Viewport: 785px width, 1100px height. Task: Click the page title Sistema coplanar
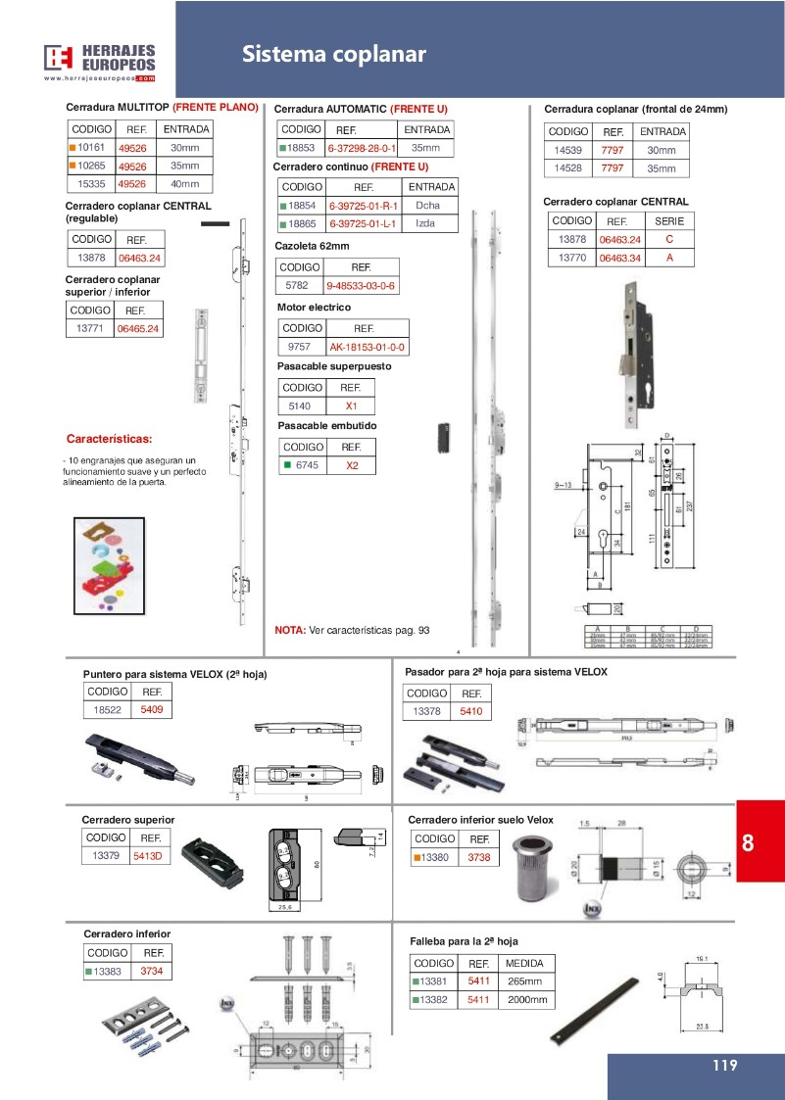tap(334, 55)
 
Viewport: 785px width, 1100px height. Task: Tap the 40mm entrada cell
tap(184, 183)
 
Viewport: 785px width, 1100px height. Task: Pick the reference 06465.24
tap(139, 329)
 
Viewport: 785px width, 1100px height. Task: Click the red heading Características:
tap(109, 438)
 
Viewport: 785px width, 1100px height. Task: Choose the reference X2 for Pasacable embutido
tap(352, 466)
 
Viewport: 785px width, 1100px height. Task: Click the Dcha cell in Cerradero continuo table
tap(427, 206)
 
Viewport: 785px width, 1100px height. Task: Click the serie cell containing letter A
tap(669, 258)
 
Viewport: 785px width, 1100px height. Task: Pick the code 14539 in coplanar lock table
tap(567, 150)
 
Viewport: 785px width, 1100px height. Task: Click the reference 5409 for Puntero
tap(151, 709)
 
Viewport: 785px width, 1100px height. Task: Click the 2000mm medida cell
tap(525, 1000)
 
